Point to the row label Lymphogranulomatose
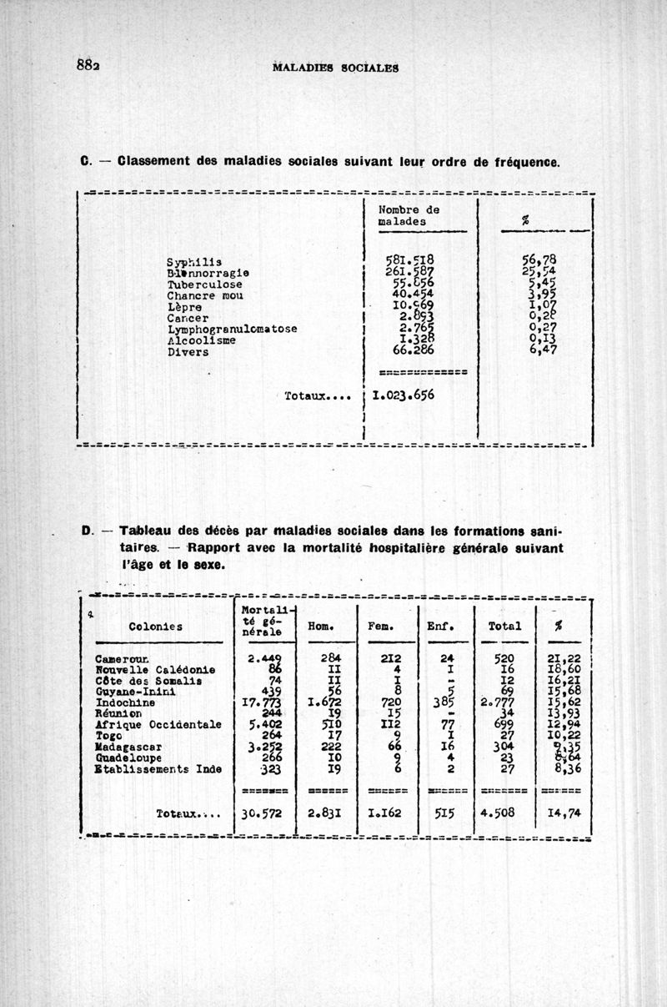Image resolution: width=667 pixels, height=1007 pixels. pos(232,329)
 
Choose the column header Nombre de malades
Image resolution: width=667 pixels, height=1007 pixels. pos(409,216)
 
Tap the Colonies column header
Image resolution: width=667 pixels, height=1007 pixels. pos(158,627)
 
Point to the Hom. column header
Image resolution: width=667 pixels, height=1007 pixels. pos(321,626)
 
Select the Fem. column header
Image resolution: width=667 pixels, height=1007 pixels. pos(381,626)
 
